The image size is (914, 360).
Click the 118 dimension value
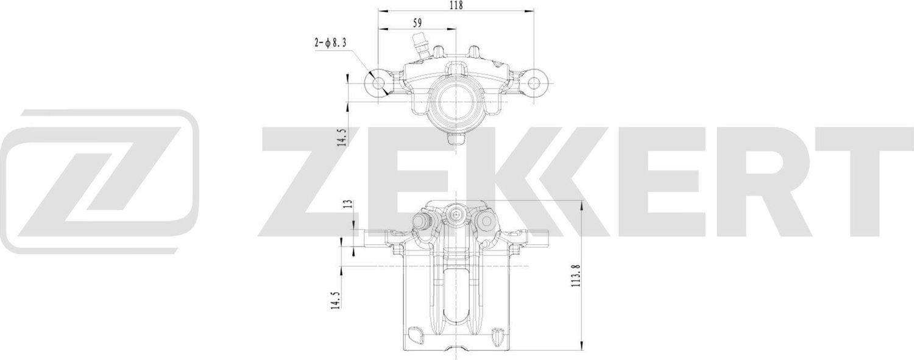[x=456, y=5]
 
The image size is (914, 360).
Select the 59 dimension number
[x=417, y=23]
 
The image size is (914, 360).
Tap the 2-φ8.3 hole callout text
[x=331, y=43]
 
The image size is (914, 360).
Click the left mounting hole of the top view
[x=378, y=83]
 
